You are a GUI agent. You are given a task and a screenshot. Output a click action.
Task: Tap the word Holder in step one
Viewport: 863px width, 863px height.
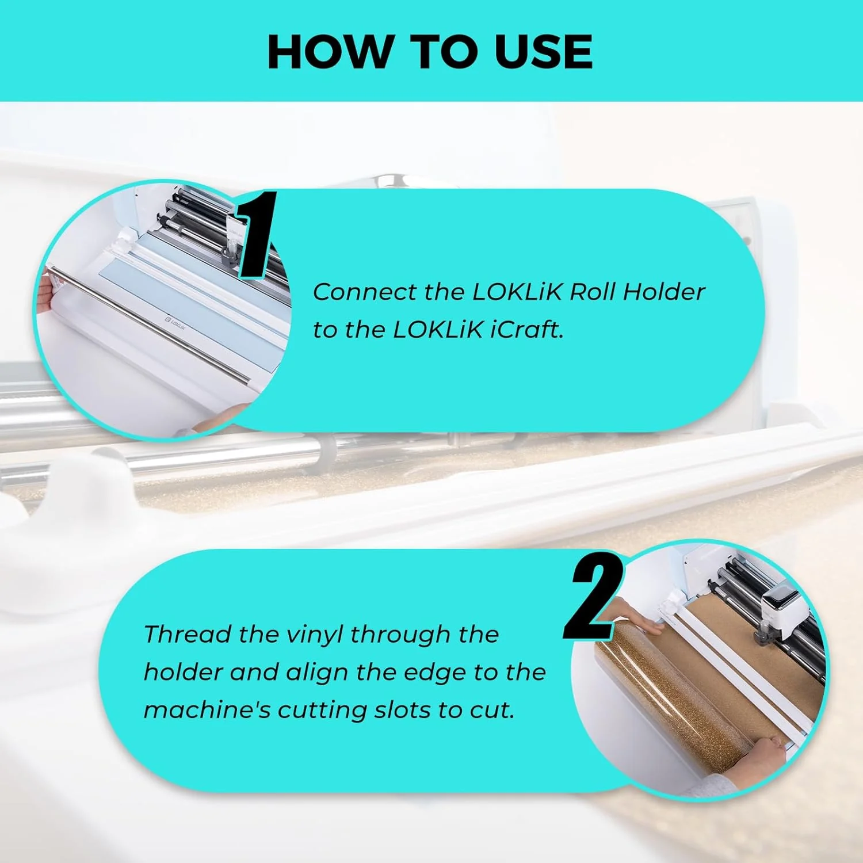click(x=665, y=292)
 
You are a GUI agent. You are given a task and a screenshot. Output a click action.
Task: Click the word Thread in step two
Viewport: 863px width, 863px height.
click(x=187, y=634)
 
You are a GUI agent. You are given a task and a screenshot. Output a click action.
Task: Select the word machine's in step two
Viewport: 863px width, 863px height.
click(x=207, y=710)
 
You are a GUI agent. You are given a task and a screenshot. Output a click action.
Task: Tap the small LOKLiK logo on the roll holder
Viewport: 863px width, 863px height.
click(x=175, y=323)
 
